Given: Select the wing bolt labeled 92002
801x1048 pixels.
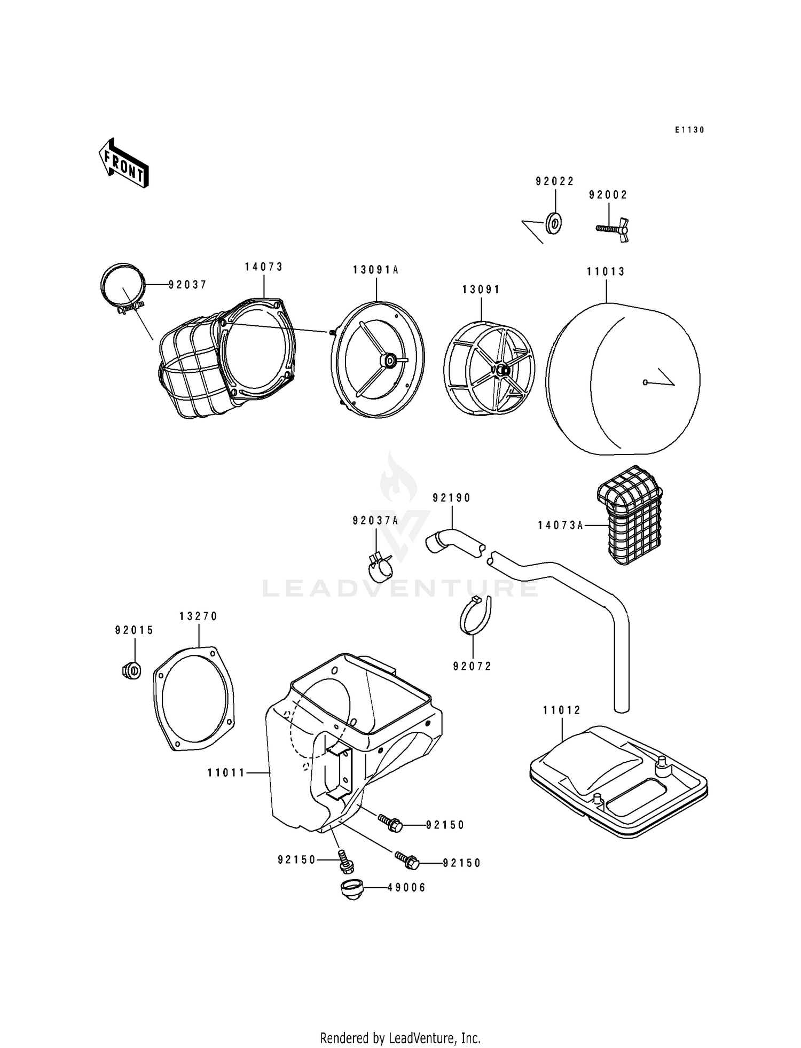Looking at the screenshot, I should pos(613,229).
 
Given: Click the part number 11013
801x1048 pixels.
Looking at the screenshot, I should pos(606,271).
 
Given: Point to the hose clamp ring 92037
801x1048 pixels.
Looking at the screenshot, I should pos(123,287).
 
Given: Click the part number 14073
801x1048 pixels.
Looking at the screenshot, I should pos(264,267).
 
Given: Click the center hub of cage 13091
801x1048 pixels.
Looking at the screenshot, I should pos(501,369).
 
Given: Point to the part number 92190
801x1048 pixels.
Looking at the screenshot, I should pos(452,498).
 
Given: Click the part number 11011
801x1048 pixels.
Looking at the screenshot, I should pos(226,772).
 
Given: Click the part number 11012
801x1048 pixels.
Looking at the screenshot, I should pos(562,710).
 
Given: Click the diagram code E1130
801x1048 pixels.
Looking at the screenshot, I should pos(689,130).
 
